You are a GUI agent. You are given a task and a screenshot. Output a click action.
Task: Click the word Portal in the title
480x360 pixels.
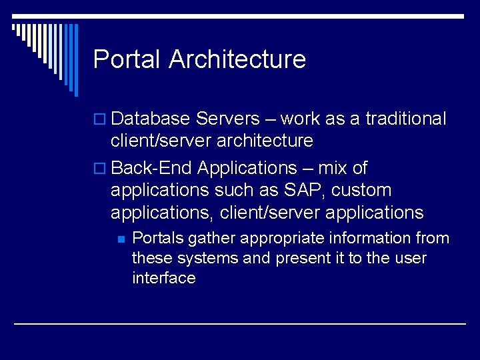[x=127, y=59]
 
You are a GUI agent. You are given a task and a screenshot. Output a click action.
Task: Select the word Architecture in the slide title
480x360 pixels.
[x=237, y=59]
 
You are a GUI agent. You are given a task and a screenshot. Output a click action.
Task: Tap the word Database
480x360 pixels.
[x=151, y=119]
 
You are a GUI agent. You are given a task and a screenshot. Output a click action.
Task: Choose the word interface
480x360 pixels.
[x=164, y=278]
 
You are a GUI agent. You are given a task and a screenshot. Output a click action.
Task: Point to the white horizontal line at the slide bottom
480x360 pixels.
[x=240, y=323]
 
